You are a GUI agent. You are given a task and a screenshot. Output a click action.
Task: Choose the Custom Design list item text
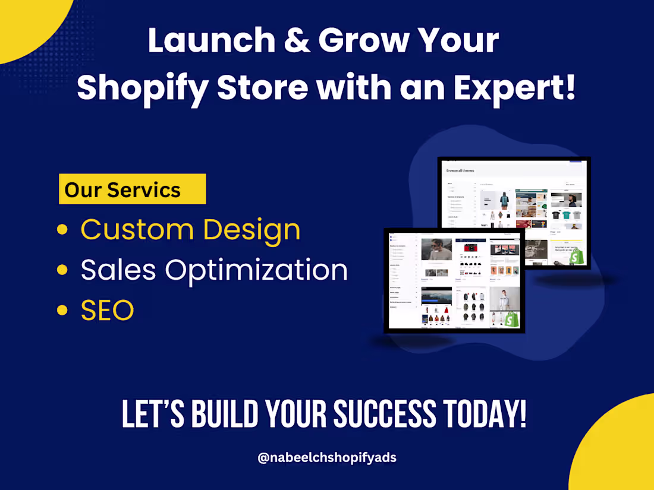click(x=190, y=230)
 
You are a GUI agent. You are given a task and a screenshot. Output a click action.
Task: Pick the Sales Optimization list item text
click(x=214, y=270)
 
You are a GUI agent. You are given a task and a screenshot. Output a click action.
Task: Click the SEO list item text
click(x=107, y=311)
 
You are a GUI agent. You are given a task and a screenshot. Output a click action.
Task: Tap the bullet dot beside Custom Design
click(x=62, y=230)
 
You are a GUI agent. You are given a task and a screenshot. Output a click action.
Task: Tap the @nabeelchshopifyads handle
click(x=327, y=458)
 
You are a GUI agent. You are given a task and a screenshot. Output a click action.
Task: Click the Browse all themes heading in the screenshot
click(x=460, y=170)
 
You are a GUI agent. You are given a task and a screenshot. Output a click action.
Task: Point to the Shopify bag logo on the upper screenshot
click(x=576, y=258)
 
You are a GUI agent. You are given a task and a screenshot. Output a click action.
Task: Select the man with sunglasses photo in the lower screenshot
click(x=436, y=249)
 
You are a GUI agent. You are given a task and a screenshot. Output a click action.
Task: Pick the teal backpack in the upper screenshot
click(x=504, y=202)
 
